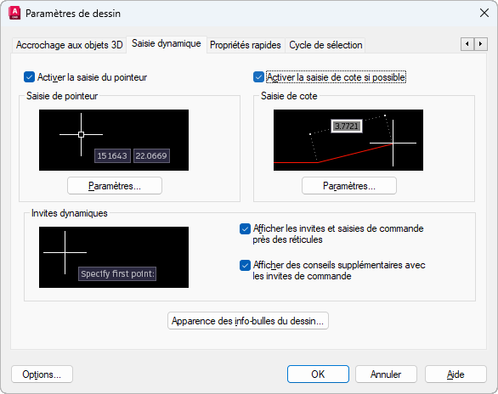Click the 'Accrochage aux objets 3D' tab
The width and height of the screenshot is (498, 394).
(69, 45)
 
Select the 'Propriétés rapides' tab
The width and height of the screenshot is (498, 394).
(246, 45)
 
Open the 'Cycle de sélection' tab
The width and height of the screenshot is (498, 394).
(325, 45)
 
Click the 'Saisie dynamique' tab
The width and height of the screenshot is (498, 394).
(167, 44)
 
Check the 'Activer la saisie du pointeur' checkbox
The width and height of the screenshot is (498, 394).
(29, 77)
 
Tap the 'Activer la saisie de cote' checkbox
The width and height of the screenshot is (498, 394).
(258, 77)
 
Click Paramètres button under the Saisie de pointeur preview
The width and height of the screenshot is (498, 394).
(115, 186)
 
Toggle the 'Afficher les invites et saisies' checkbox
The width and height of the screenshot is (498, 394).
(245, 228)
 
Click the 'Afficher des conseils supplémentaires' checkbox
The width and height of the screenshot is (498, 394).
(245, 265)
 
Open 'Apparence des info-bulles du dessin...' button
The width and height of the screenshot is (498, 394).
(248, 321)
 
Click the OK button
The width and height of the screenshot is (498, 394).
(318, 374)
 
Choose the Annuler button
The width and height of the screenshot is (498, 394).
(386, 374)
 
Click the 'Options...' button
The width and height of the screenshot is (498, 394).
(42, 374)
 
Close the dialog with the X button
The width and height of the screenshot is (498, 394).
(484, 13)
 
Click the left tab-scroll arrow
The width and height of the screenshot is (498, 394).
(467, 44)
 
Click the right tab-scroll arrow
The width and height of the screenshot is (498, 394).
(480, 44)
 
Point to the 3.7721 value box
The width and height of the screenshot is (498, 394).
(347, 127)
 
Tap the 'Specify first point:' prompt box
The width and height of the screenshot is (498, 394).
(117, 273)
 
